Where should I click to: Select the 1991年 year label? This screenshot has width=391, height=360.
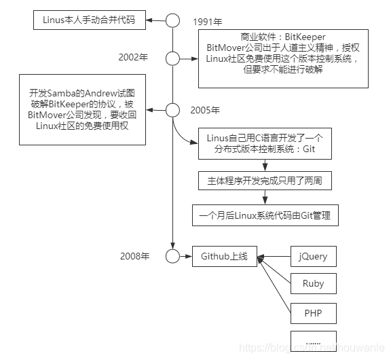point(208,21)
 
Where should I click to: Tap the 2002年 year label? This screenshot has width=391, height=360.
point(132,57)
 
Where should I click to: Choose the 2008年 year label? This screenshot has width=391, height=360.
point(134,256)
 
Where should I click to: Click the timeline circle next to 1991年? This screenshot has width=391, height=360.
point(174,20)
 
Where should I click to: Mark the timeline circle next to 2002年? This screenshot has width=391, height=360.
point(174,57)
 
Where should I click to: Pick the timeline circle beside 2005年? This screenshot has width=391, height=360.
point(174,109)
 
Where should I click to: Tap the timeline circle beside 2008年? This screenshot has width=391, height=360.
point(174,256)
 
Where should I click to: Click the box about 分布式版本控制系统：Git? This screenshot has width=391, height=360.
point(265,143)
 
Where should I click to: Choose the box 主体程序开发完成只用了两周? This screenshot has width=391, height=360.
point(265,181)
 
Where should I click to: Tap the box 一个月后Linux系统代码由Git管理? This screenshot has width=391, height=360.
point(265,215)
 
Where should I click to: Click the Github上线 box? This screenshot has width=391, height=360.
point(225,256)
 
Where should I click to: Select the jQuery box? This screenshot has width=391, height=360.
point(313,257)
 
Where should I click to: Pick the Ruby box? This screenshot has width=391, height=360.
point(313,284)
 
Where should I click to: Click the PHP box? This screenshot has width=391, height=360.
point(313,313)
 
